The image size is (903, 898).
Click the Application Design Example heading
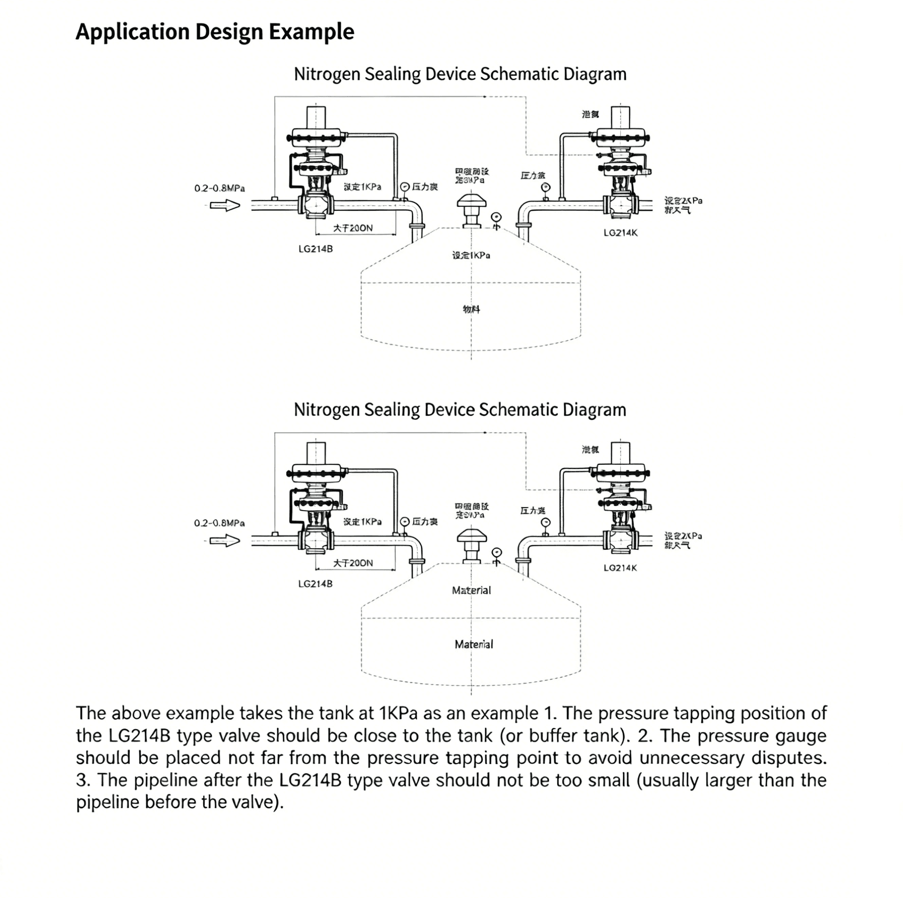214,32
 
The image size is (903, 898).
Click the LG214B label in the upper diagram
315,249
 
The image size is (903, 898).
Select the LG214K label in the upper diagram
620,233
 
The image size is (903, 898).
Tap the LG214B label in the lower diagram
315,584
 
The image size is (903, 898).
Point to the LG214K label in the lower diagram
620,568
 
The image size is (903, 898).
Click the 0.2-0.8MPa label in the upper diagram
219,188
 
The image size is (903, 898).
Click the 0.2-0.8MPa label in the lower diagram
219,523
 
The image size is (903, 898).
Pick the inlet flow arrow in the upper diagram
225,206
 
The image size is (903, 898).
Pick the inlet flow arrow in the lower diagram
225,541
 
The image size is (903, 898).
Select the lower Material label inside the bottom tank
474,644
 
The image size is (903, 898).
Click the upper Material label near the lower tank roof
471,591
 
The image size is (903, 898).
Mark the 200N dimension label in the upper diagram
353,228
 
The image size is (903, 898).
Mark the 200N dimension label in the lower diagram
353,563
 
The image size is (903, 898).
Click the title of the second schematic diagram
460,410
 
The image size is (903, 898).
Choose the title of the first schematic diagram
460,74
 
